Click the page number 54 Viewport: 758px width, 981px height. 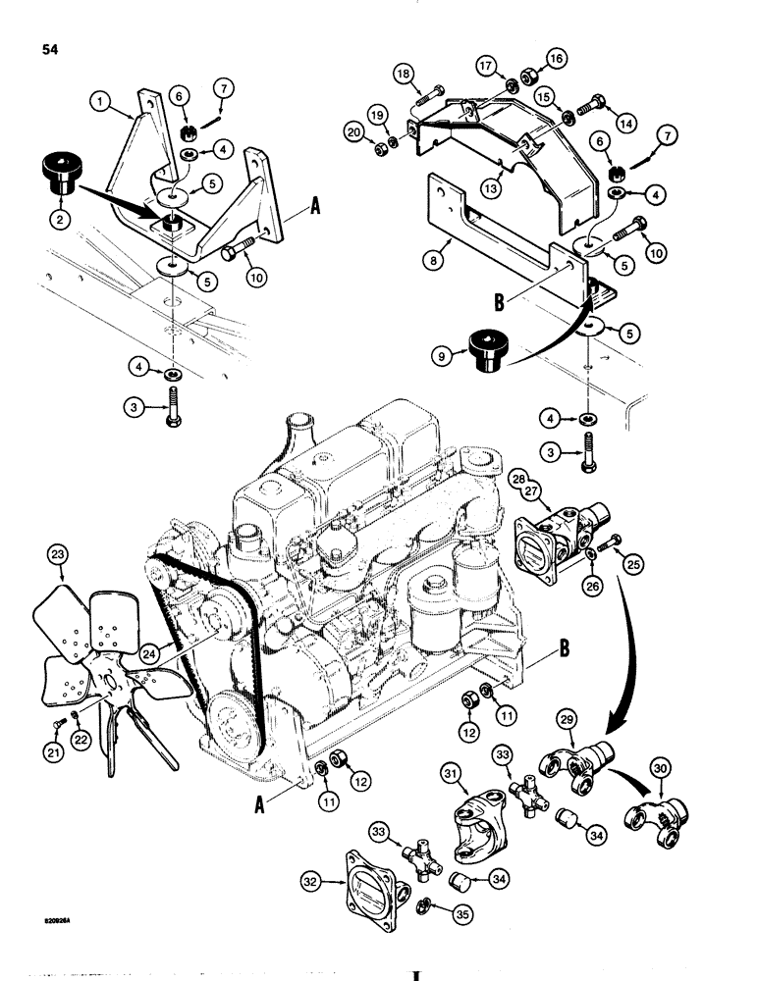point(51,51)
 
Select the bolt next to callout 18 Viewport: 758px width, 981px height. point(429,95)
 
